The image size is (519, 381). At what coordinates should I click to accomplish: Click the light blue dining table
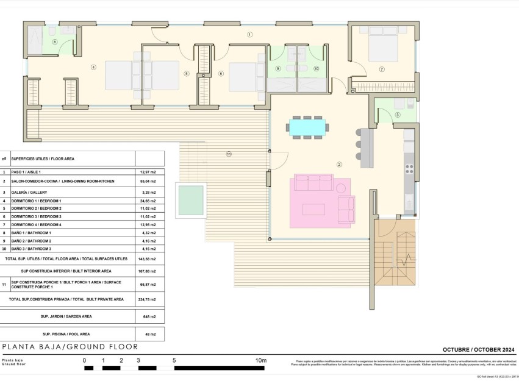[x=308, y=127]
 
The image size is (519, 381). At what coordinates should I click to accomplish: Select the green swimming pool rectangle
[x=190, y=200]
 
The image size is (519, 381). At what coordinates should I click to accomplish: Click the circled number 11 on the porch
[x=229, y=154]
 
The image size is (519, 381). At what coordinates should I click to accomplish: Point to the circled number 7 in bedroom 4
[x=382, y=69]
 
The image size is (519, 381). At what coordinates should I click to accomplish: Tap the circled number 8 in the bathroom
[x=54, y=42]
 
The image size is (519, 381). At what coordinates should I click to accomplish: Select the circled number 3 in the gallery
[x=397, y=115]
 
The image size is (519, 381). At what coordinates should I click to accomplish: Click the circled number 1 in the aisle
[x=249, y=35]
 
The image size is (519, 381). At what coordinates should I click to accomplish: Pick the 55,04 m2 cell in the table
[x=149, y=182]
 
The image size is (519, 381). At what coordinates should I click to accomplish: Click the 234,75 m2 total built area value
[x=149, y=299]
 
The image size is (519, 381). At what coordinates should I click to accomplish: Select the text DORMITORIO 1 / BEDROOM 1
[x=37, y=201]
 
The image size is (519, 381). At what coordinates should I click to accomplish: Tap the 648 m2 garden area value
[x=149, y=316]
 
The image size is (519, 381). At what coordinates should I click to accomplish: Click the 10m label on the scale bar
[x=260, y=361]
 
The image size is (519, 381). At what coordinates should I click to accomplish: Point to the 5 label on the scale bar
[x=174, y=361]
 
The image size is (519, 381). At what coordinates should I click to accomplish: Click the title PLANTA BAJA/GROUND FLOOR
[x=70, y=347]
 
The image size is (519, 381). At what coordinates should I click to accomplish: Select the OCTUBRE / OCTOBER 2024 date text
[x=478, y=349]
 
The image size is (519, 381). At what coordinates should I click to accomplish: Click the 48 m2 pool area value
[x=149, y=334]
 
